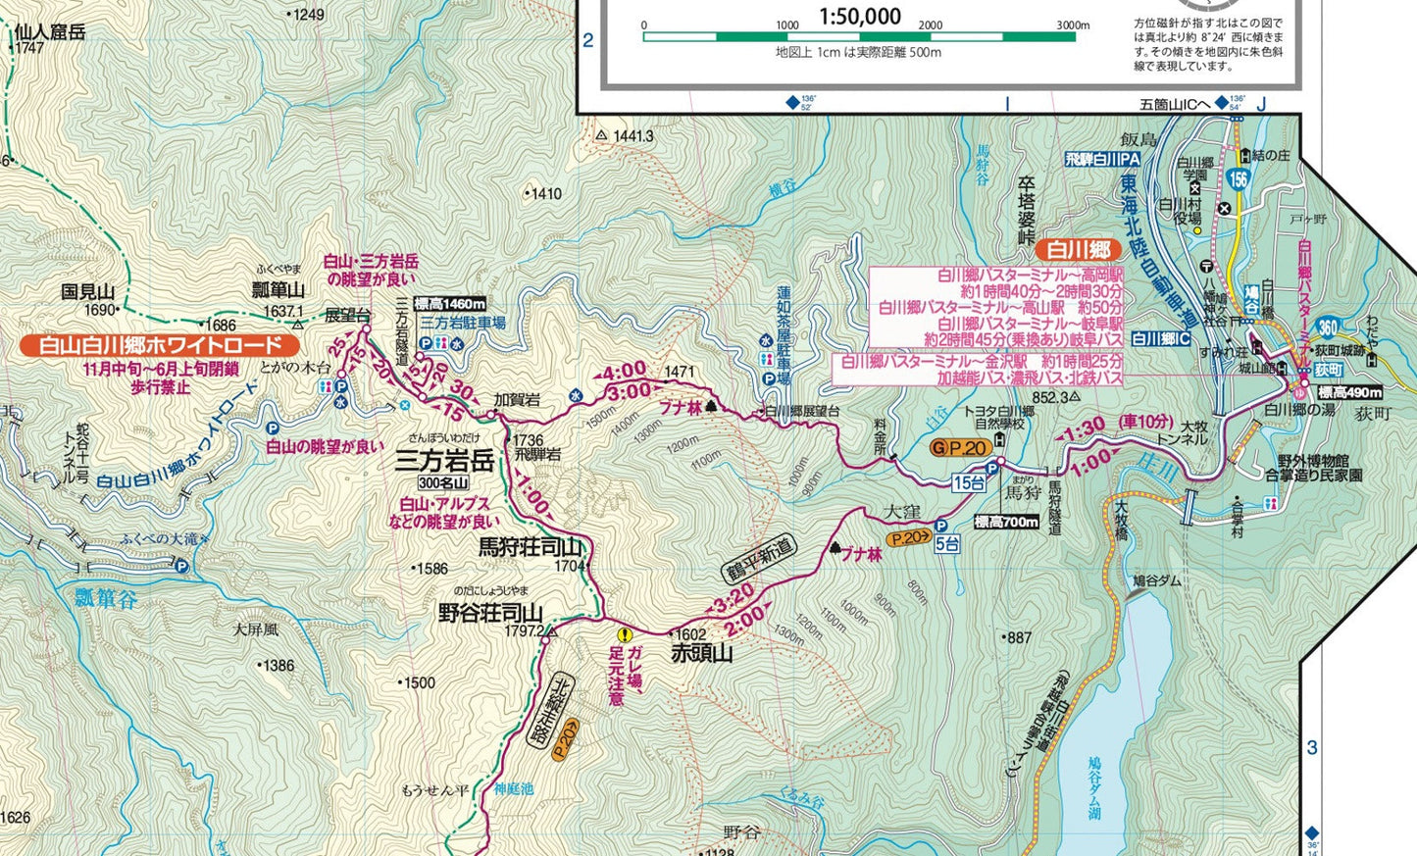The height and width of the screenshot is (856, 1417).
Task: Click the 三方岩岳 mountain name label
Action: (x=443, y=460)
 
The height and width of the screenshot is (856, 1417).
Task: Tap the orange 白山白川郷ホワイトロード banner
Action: (x=161, y=345)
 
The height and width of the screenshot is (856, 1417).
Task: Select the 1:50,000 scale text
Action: (x=859, y=16)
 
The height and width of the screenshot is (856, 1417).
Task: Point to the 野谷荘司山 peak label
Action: (x=489, y=613)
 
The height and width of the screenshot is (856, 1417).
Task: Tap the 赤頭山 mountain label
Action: (x=701, y=653)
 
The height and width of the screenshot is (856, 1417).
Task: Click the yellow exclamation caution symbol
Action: (x=625, y=634)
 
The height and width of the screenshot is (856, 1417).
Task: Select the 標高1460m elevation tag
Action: (x=449, y=304)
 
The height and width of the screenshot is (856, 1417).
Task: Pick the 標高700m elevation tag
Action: (x=1006, y=522)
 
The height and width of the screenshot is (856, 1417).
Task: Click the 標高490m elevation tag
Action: (x=1349, y=392)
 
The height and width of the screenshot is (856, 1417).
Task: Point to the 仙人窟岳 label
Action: (x=49, y=31)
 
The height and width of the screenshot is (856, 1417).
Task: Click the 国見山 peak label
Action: (x=87, y=291)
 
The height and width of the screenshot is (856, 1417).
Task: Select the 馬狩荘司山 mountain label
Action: (x=530, y=547)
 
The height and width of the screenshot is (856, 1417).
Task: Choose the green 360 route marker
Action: (x=1328, y=327)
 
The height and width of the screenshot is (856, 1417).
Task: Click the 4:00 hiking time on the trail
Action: (x=624, y=371)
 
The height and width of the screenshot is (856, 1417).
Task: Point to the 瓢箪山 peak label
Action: (x=278, y=289)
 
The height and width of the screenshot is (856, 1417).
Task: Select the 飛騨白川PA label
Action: (x=1103, y=159)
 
